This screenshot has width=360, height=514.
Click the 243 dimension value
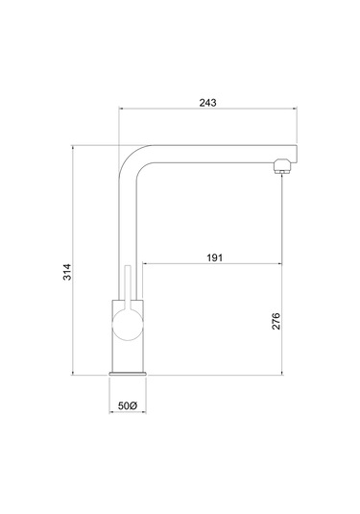pos(207,103)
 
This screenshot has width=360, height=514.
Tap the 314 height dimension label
pos(67,272)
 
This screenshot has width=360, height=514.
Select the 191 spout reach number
pos(214,257)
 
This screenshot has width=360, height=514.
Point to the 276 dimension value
pos(276,321)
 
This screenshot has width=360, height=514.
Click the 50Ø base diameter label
pos(127,405)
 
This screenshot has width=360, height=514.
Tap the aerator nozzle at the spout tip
pos(281,166)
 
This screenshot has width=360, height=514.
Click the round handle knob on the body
pos(128,325)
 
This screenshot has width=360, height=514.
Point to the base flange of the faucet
pos(128,374)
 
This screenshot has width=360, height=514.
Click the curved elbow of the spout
pos(131,157)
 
